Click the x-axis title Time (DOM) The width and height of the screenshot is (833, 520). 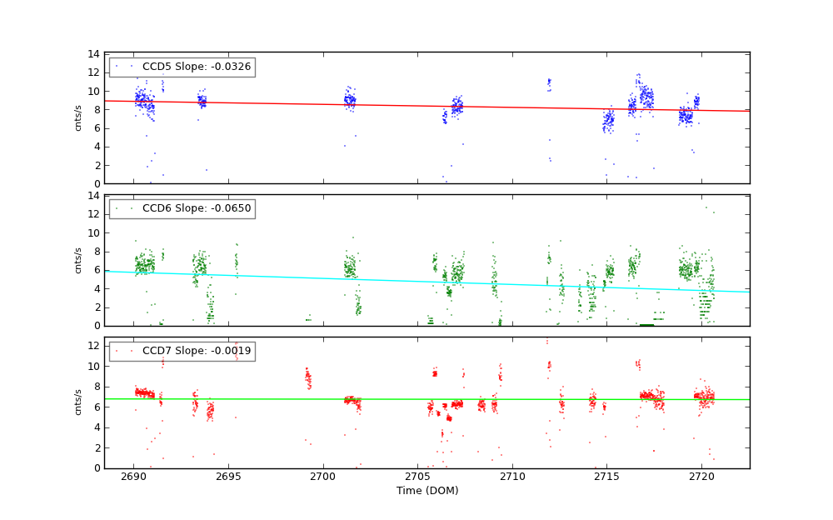tap(426, 491)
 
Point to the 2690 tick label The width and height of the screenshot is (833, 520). tap(133, 477)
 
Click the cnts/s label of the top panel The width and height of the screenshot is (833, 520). tap(79, 117)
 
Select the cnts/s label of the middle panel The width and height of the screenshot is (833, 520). tap(79, 260)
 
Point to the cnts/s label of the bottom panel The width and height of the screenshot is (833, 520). tap(79, 402)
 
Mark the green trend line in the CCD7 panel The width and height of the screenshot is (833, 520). tap(416, 399)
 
